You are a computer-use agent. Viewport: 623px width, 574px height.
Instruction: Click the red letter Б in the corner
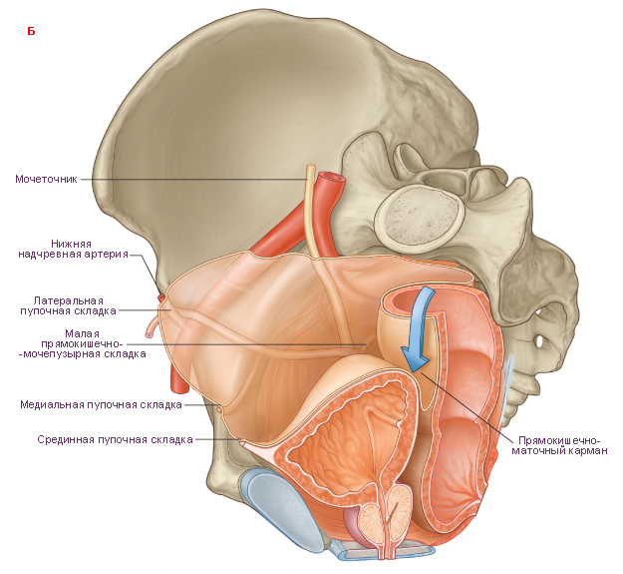(31, 31)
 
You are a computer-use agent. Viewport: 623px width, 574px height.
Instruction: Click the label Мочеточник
(46, 179)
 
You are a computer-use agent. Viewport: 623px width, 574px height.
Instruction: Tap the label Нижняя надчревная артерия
(73, 249)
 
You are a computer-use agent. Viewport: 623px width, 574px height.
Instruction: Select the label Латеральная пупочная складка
(68, 305)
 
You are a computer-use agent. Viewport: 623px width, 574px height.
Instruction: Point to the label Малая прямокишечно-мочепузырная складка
(83, 343)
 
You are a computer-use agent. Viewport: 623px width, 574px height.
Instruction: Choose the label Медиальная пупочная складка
(101, 405)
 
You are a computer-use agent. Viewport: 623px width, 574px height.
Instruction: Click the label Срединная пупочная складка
(115, 439)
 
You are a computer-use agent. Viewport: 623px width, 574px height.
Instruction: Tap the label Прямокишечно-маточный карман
(559, 446)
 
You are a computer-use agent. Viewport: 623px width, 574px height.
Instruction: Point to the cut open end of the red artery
(331, 178)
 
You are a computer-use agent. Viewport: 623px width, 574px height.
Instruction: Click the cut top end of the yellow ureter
(310, 168)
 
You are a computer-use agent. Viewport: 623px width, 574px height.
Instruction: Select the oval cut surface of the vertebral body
(420, 216)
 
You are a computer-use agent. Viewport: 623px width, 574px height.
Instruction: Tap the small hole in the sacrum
(539, 341)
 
